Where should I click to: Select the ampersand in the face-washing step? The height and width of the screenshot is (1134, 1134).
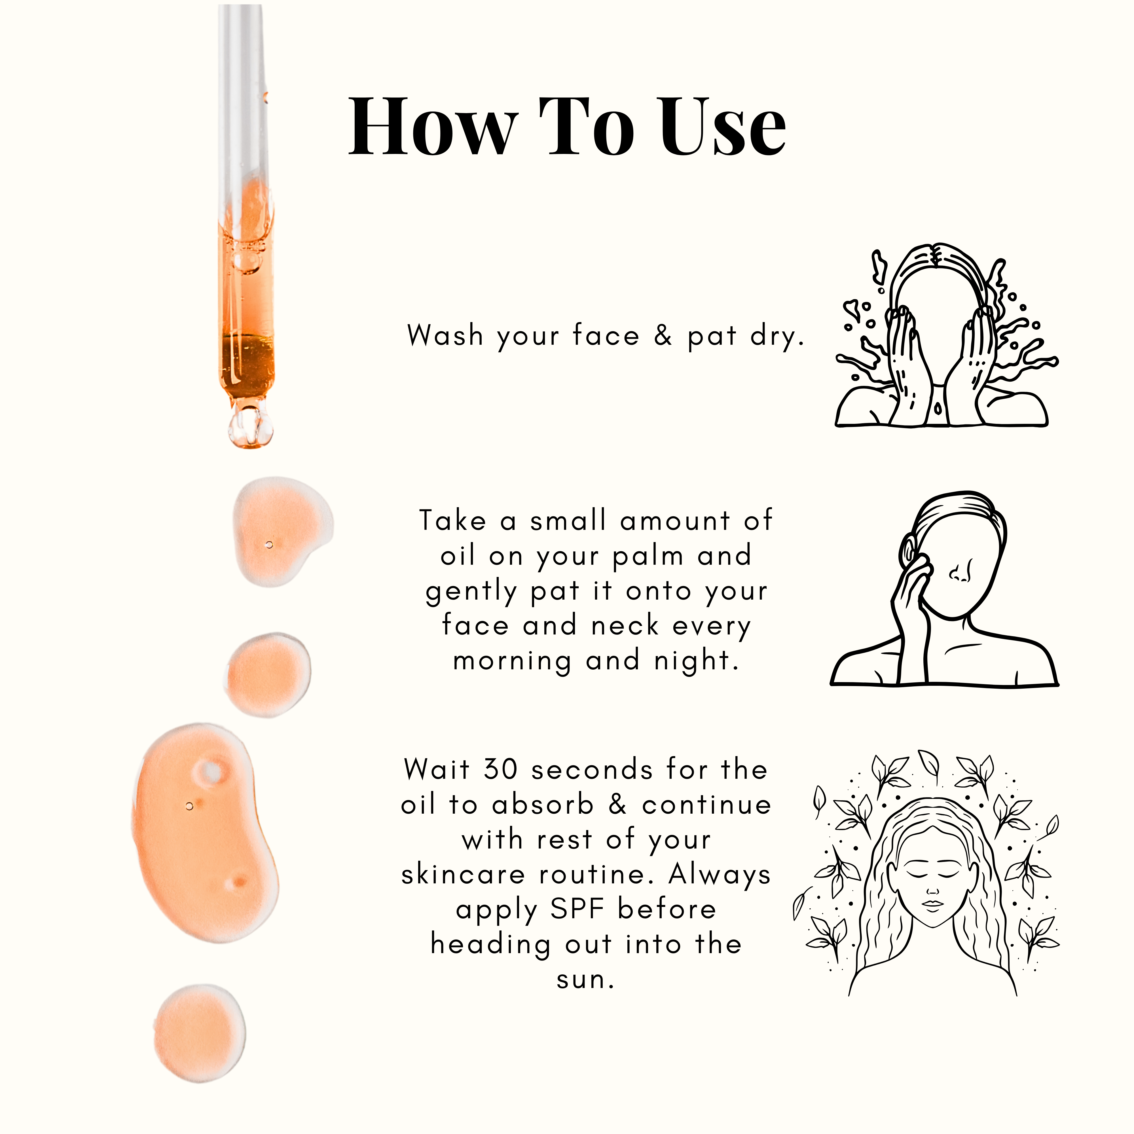pyautogui.click(x=663, y=336)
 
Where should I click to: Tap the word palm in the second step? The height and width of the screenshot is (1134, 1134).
pyautogui.click(x=648, y=556)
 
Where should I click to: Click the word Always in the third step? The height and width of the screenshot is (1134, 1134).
pyautogui.click(x=720, y=875)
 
